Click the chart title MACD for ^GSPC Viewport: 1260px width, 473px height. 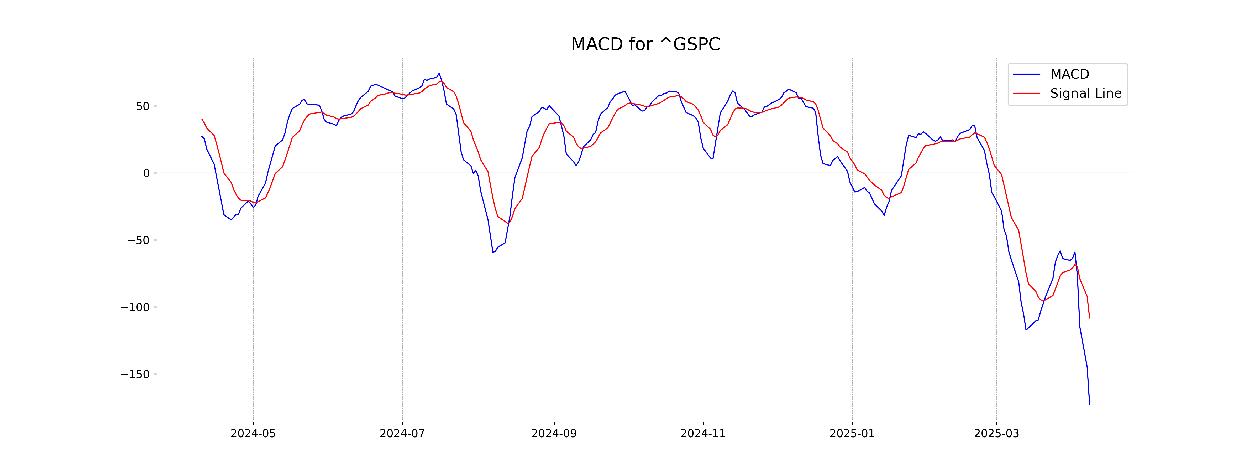pos(645,45)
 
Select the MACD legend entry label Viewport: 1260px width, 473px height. pos(1070,74)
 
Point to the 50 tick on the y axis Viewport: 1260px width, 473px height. pos(143,106)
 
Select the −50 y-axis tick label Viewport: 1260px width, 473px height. pos(138,240)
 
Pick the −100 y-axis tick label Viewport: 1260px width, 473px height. pos(135,307)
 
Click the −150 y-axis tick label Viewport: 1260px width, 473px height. pos(135,374)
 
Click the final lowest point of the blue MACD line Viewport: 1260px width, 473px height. pos(1089,404)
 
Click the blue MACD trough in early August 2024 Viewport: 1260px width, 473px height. pos(493,252)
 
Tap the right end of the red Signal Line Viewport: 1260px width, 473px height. pos(1089,318)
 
